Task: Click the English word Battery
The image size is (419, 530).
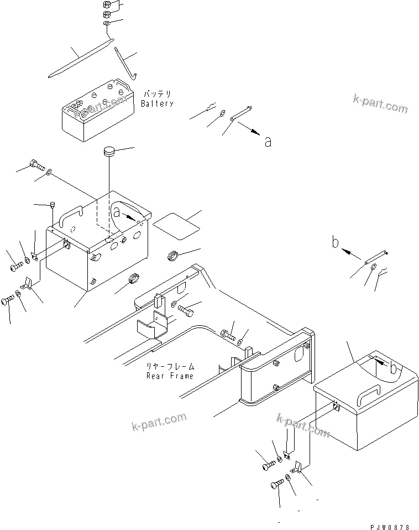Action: point(157,103)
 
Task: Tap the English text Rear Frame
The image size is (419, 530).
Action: point(170,376)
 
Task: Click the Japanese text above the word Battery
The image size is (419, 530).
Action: point(157,95)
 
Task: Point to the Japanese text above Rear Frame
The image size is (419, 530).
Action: point(170,367)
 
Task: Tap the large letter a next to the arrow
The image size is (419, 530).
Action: point(268,142)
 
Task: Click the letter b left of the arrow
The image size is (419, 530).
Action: point(336,242)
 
